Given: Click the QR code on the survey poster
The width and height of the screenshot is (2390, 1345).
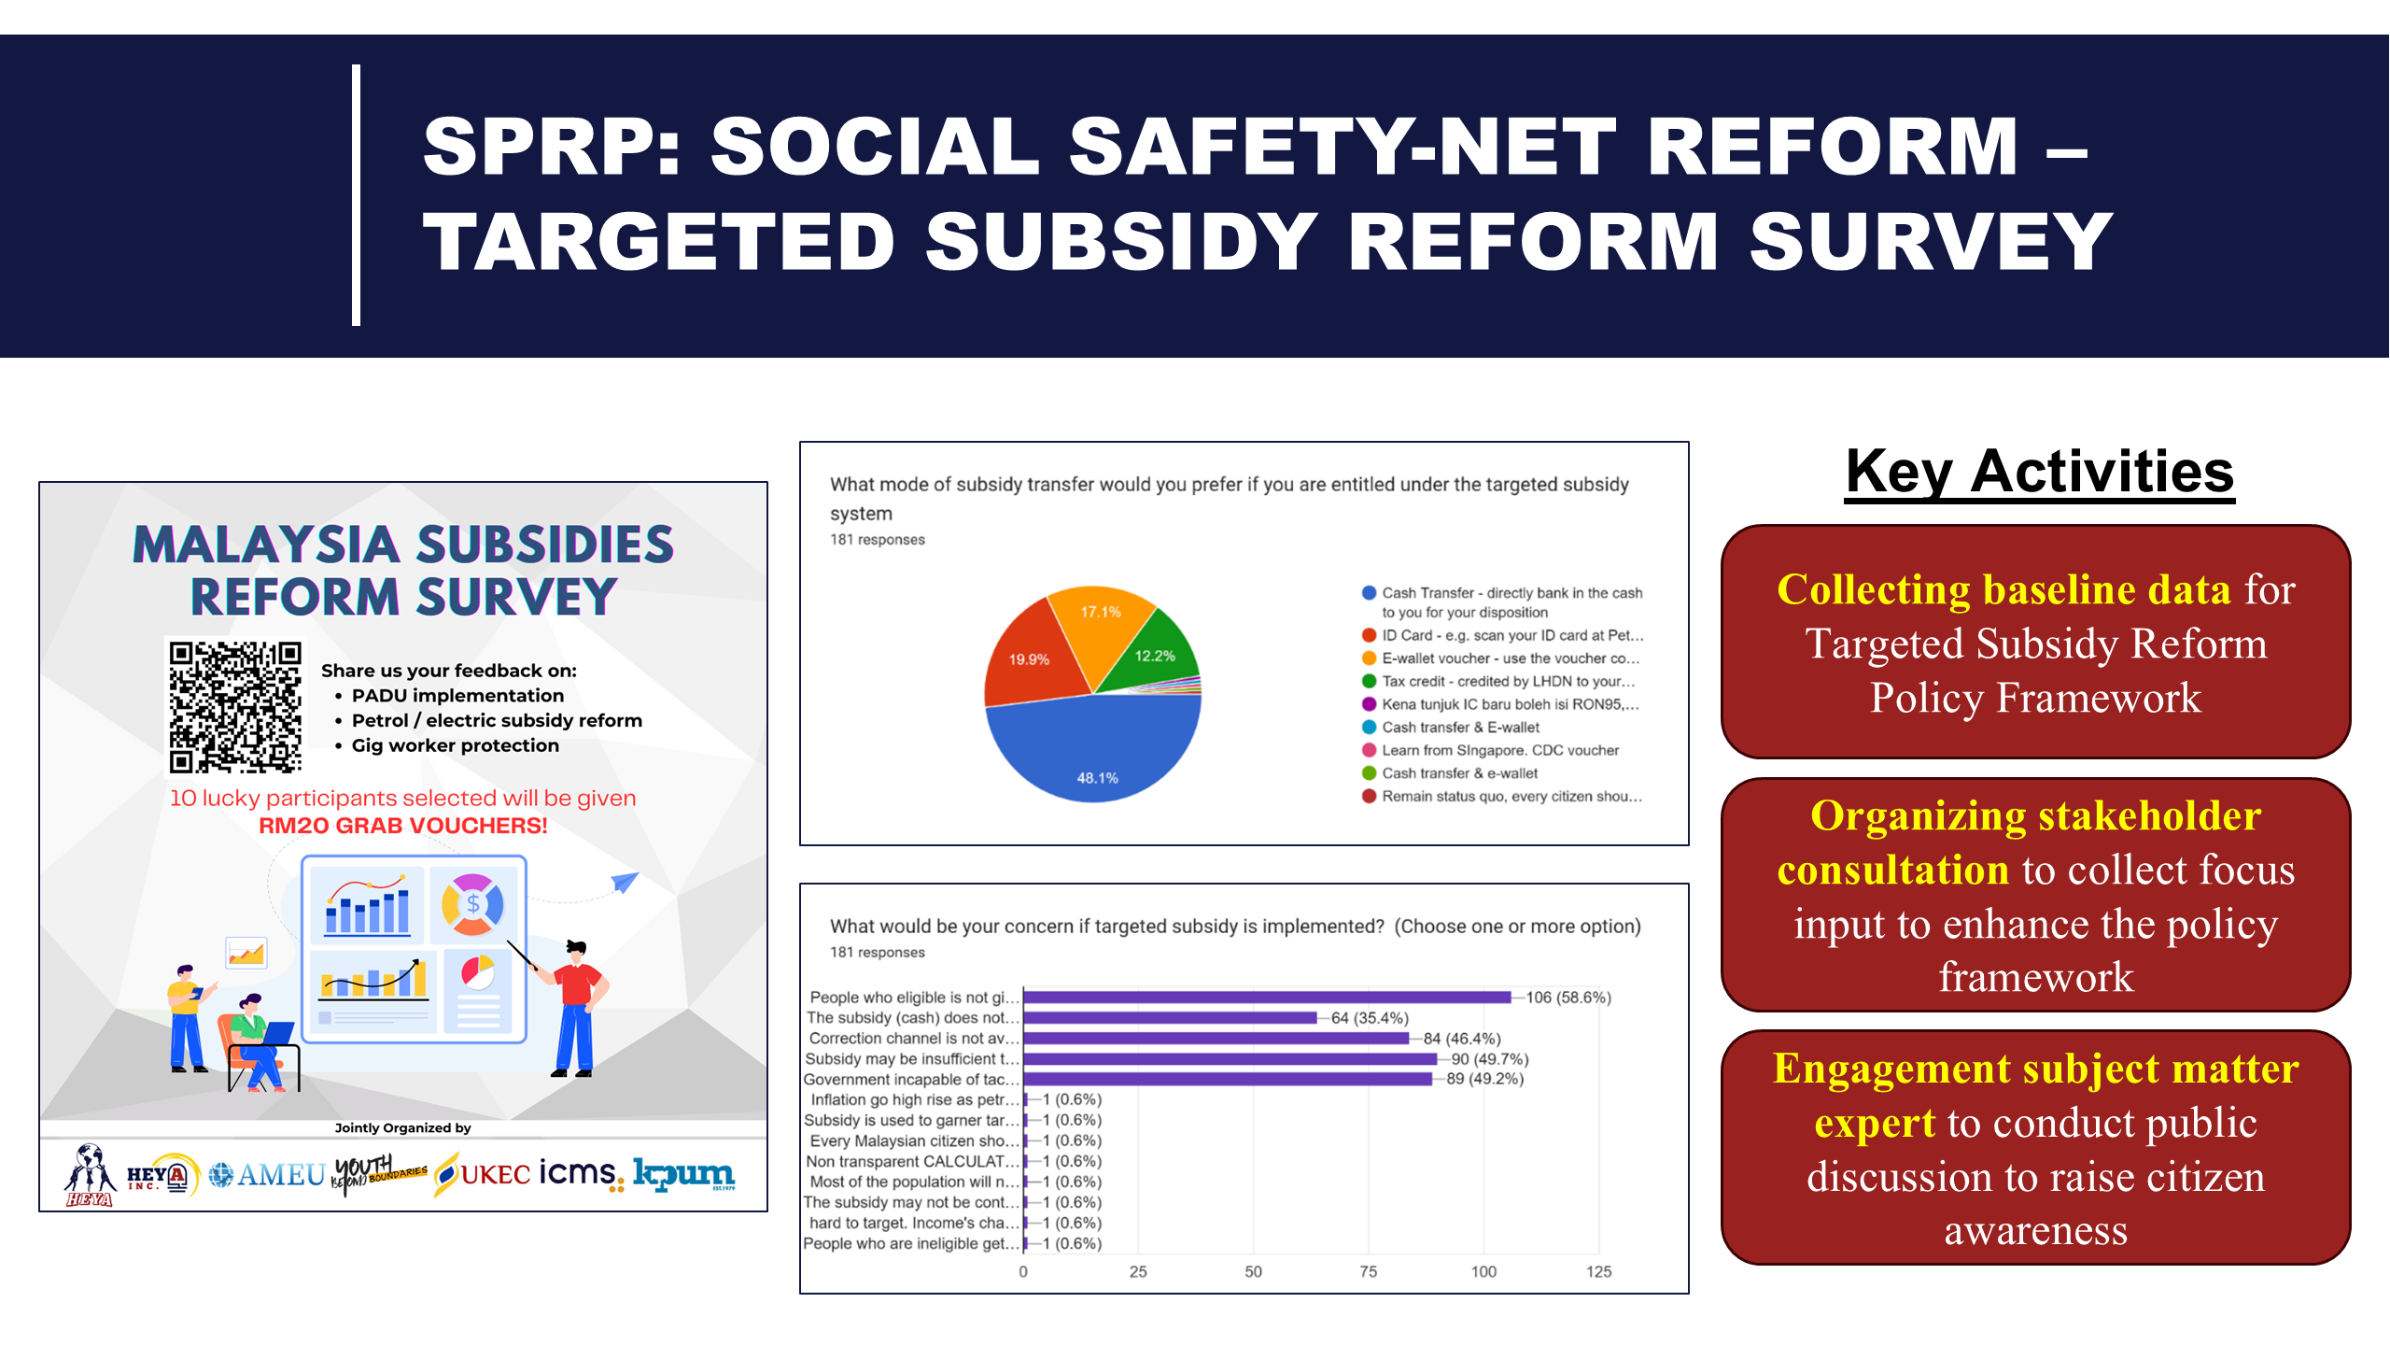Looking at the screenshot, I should pyautogui.click(x=235, y=706).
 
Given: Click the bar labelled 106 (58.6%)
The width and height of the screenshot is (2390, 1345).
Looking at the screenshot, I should pyautogui.click(x=1267, y=998).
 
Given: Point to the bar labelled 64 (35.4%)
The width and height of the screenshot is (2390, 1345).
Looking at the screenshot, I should pyautogui.click(x=1170, y=1018).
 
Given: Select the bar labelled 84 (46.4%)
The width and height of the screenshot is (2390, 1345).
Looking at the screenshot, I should pyautogui.click(x=1216, y=1039).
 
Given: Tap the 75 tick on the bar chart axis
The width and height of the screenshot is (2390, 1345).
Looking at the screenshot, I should pyautogui.click(x=1368, y=1272).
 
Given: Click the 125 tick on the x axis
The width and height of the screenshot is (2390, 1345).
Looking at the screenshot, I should pyautogui.click(x=1598, y=1272).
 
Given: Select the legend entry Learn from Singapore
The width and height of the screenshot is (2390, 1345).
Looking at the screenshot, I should pyautogui.click(x=1499, y=751).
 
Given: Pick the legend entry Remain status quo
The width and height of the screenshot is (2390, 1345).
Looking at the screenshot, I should pyautogui.click(x=1511, y=797).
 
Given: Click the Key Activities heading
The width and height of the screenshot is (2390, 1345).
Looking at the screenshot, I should pyautogui.click(x=2040, y=472).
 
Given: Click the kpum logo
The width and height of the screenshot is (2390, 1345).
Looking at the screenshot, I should pyautogui.click(x=683, y=1174).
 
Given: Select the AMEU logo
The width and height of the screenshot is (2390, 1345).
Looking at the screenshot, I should pyautogui.click(x=268, y=1174).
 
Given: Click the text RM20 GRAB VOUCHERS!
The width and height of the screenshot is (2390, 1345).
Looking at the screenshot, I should pyautogui.click(x=402, y=826).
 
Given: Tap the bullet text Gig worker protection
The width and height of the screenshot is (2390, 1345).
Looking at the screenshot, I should pyautogui.click(x=455, y=745).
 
